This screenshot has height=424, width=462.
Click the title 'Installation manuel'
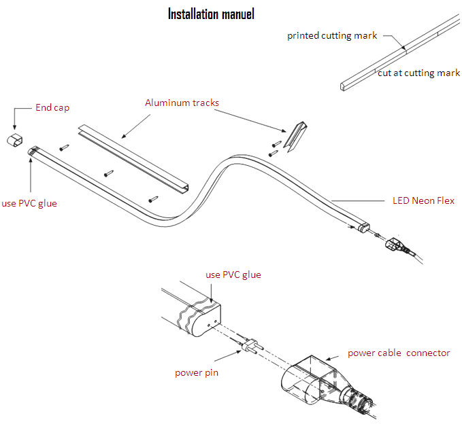211,14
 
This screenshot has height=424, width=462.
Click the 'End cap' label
52,107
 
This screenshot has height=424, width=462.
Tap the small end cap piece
14,141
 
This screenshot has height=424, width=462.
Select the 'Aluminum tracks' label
182,103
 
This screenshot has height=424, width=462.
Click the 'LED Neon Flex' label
423,200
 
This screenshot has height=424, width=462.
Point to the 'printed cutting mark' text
332,35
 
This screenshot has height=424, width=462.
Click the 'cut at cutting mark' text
419,73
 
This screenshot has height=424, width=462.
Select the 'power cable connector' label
399,353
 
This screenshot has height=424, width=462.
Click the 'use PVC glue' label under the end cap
29,203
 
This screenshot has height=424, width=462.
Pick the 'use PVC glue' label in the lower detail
233,275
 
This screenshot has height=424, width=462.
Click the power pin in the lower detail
248,346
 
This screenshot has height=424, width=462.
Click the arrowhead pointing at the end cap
14,126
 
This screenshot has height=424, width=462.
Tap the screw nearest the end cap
64,146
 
